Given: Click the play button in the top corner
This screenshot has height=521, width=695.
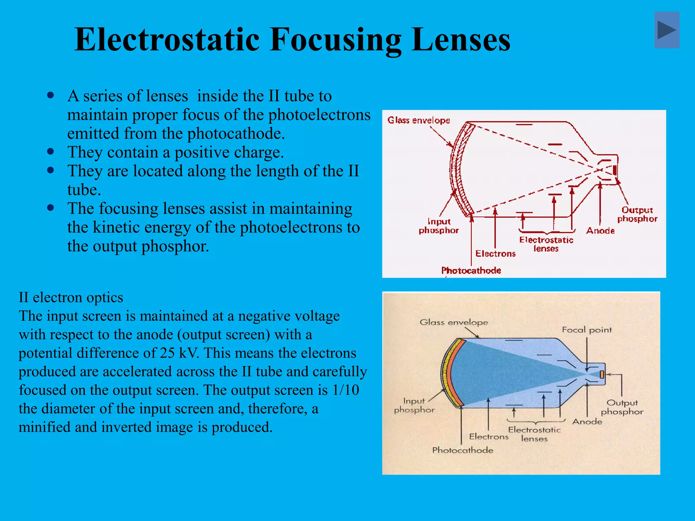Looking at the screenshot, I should coord(666,30).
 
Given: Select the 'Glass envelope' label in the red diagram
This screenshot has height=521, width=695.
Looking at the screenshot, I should coord(418,120).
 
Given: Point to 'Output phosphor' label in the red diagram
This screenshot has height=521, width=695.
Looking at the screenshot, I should coord(637,214).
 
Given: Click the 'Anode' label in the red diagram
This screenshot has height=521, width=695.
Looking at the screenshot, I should coord(600,231).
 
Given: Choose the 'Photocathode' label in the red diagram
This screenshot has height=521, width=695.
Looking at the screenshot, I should coord(471,270).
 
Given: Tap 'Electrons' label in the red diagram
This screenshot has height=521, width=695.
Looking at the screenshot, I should coord(495,254).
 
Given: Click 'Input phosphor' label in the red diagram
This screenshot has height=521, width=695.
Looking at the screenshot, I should coord(439,226).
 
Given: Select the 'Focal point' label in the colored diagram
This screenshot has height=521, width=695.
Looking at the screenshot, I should coord(587,330).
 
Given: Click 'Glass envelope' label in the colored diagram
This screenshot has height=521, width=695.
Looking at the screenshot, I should coord(454,322).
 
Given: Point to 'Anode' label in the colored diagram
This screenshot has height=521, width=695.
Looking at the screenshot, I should coord(587,422).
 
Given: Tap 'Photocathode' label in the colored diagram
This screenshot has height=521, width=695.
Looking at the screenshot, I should coord(463,450).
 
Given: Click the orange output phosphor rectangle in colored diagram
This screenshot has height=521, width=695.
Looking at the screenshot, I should coord(602,374).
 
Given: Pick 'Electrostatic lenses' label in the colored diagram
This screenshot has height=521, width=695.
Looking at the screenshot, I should coord(534,434).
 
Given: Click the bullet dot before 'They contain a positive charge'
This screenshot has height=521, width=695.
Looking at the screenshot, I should coord(51,151).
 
